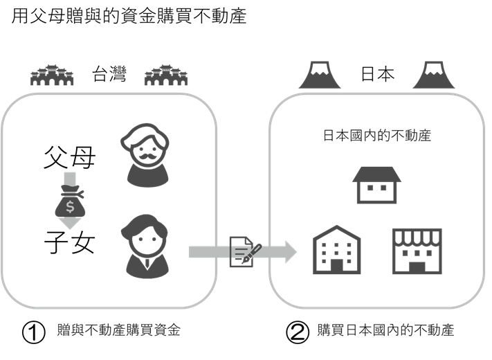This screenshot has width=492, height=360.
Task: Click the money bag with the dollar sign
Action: pos(69,205)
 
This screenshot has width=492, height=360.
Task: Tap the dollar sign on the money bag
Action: pos(70,207)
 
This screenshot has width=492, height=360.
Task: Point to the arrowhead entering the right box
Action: pos(289,252)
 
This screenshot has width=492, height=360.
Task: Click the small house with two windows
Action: pos(376,184)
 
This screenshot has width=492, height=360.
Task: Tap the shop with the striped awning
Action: pos(417,251)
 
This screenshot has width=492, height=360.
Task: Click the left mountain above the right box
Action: pos(319,76)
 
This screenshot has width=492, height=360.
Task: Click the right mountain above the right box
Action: pos(434,76)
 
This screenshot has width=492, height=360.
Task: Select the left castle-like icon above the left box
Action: pos(52,75)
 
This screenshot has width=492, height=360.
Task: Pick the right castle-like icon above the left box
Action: pos(166,75)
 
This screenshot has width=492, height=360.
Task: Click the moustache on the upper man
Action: pos(147,153)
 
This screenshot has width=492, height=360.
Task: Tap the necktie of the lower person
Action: pos(147,264)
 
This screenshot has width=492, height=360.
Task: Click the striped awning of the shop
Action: pos(417,239)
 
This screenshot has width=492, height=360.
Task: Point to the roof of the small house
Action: pos(376,174)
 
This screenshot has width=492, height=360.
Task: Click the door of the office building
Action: pos(337,266)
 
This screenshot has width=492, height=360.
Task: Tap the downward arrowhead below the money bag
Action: pos(69,224)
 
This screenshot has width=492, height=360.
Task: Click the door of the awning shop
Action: pos(417,267)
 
